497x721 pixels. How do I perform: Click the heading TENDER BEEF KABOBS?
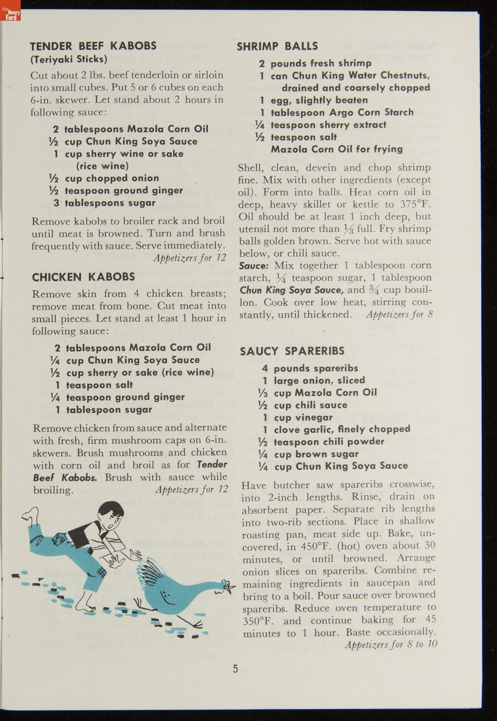tap(93, 46)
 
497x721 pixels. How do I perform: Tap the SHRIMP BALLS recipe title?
tap(277, 46)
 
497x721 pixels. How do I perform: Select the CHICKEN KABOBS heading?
tap(83, 277)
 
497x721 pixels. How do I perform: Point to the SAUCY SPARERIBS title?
tap(292, 351)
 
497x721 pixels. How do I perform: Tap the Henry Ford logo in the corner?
tap(10, 15)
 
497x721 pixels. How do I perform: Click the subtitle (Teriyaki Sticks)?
tap(69, 59)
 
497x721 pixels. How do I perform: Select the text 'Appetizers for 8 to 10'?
tap(391, 644)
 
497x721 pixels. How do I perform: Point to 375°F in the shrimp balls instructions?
tap(415, 204)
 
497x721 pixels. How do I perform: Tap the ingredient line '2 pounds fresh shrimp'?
tap(315, 63)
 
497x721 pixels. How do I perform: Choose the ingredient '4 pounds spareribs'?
tap(310, 368)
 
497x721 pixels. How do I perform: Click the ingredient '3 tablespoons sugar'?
tap(104, 203)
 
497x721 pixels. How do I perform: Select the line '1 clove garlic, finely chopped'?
tap(336, 429)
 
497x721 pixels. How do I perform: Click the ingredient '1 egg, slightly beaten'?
tap(314, 100)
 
